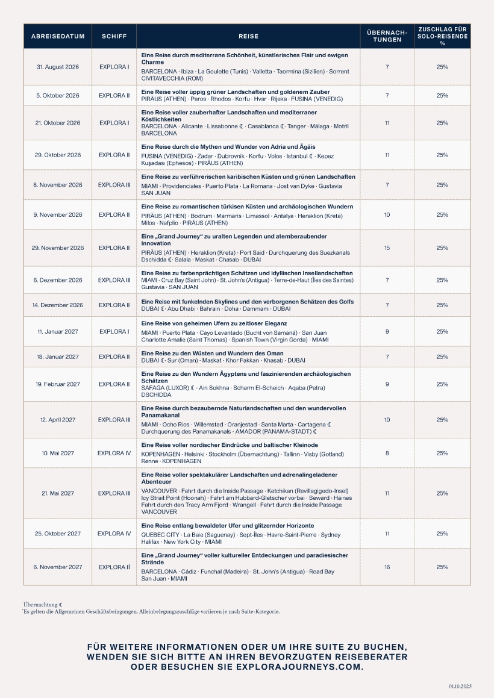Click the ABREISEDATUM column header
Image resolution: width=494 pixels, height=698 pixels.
click(58, 36)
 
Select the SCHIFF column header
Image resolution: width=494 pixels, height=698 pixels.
click(114, 36)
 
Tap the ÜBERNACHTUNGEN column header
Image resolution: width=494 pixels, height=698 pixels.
click(387, 36)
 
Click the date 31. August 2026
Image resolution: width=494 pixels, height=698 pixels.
click(58, 66)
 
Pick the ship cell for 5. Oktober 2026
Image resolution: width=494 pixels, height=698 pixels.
click(114, 95)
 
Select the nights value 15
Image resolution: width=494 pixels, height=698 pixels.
click(387, 248)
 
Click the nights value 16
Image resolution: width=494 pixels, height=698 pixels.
click(387, 567)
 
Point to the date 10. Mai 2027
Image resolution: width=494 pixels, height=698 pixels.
click(58, 453)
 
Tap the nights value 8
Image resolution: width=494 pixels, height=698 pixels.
click(387, 453)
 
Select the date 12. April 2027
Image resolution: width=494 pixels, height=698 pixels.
click(58, 420)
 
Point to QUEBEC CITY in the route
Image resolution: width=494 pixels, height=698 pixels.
click(160, 535)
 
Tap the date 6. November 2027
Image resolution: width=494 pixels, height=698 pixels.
click(58, 567)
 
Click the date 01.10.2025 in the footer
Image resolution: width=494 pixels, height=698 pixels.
click(460, 685)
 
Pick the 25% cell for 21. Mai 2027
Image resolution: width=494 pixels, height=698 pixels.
click(442, 493)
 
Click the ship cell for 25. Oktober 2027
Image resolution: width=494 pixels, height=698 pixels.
click(114, 534)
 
